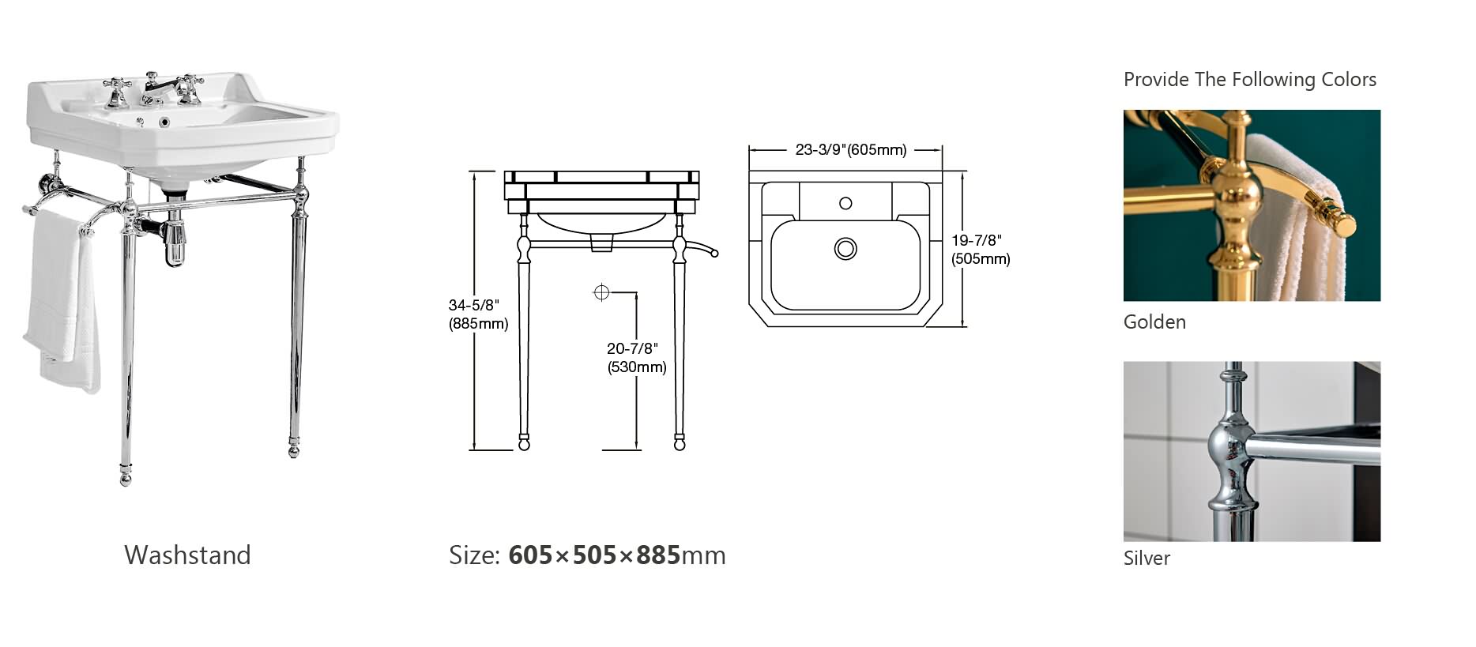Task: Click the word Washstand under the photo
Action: point(187,555)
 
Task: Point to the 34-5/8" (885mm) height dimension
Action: point(478,314)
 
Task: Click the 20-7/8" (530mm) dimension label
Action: point(636,357)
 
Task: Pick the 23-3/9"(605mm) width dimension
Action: point(851,149)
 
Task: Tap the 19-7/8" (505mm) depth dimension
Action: point(981,249)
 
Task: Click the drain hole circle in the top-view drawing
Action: point(845,249)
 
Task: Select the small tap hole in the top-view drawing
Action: point(845,203)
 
